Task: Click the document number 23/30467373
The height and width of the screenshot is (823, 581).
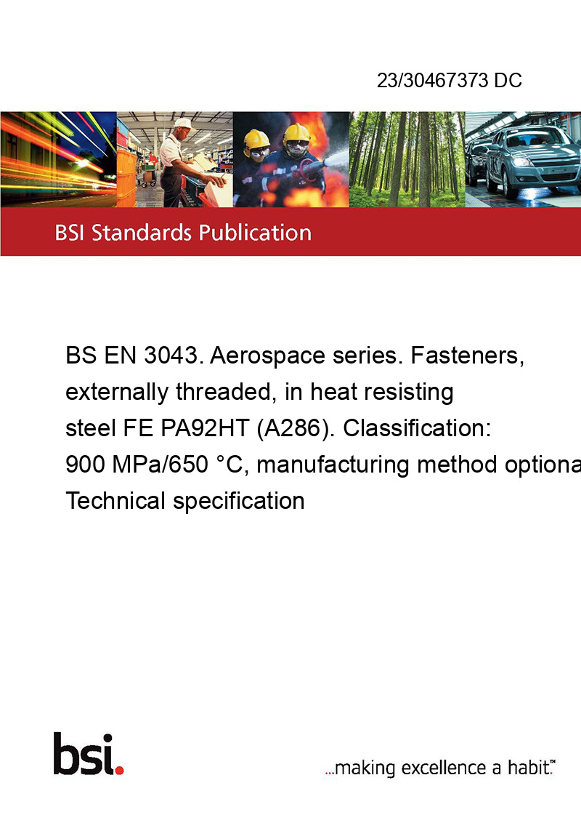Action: pyautogui.click(x=433, y=80)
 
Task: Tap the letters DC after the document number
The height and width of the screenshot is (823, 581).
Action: pyautogui.click(x=508, y=80)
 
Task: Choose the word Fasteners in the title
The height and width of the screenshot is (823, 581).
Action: pyautogui.click(x=467, y=356)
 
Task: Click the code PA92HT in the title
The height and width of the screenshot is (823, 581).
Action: pyautogui.click(x=205, y=428)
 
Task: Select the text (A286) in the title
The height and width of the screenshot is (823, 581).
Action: pyautogui.click(x=295, y=429)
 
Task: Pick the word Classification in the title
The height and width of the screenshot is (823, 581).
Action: pyautogui.click(x=417, y=428)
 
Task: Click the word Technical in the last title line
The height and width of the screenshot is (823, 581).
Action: pyautogui.click(x=115, y=501)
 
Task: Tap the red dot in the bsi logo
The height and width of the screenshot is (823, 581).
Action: pyautogui.click(x=119, y=770)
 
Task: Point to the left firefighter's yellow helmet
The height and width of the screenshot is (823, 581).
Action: pyautogui.click(x=256, y=139)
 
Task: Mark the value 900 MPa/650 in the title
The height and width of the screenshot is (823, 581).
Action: pyautogui.click(x=137, y=465)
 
